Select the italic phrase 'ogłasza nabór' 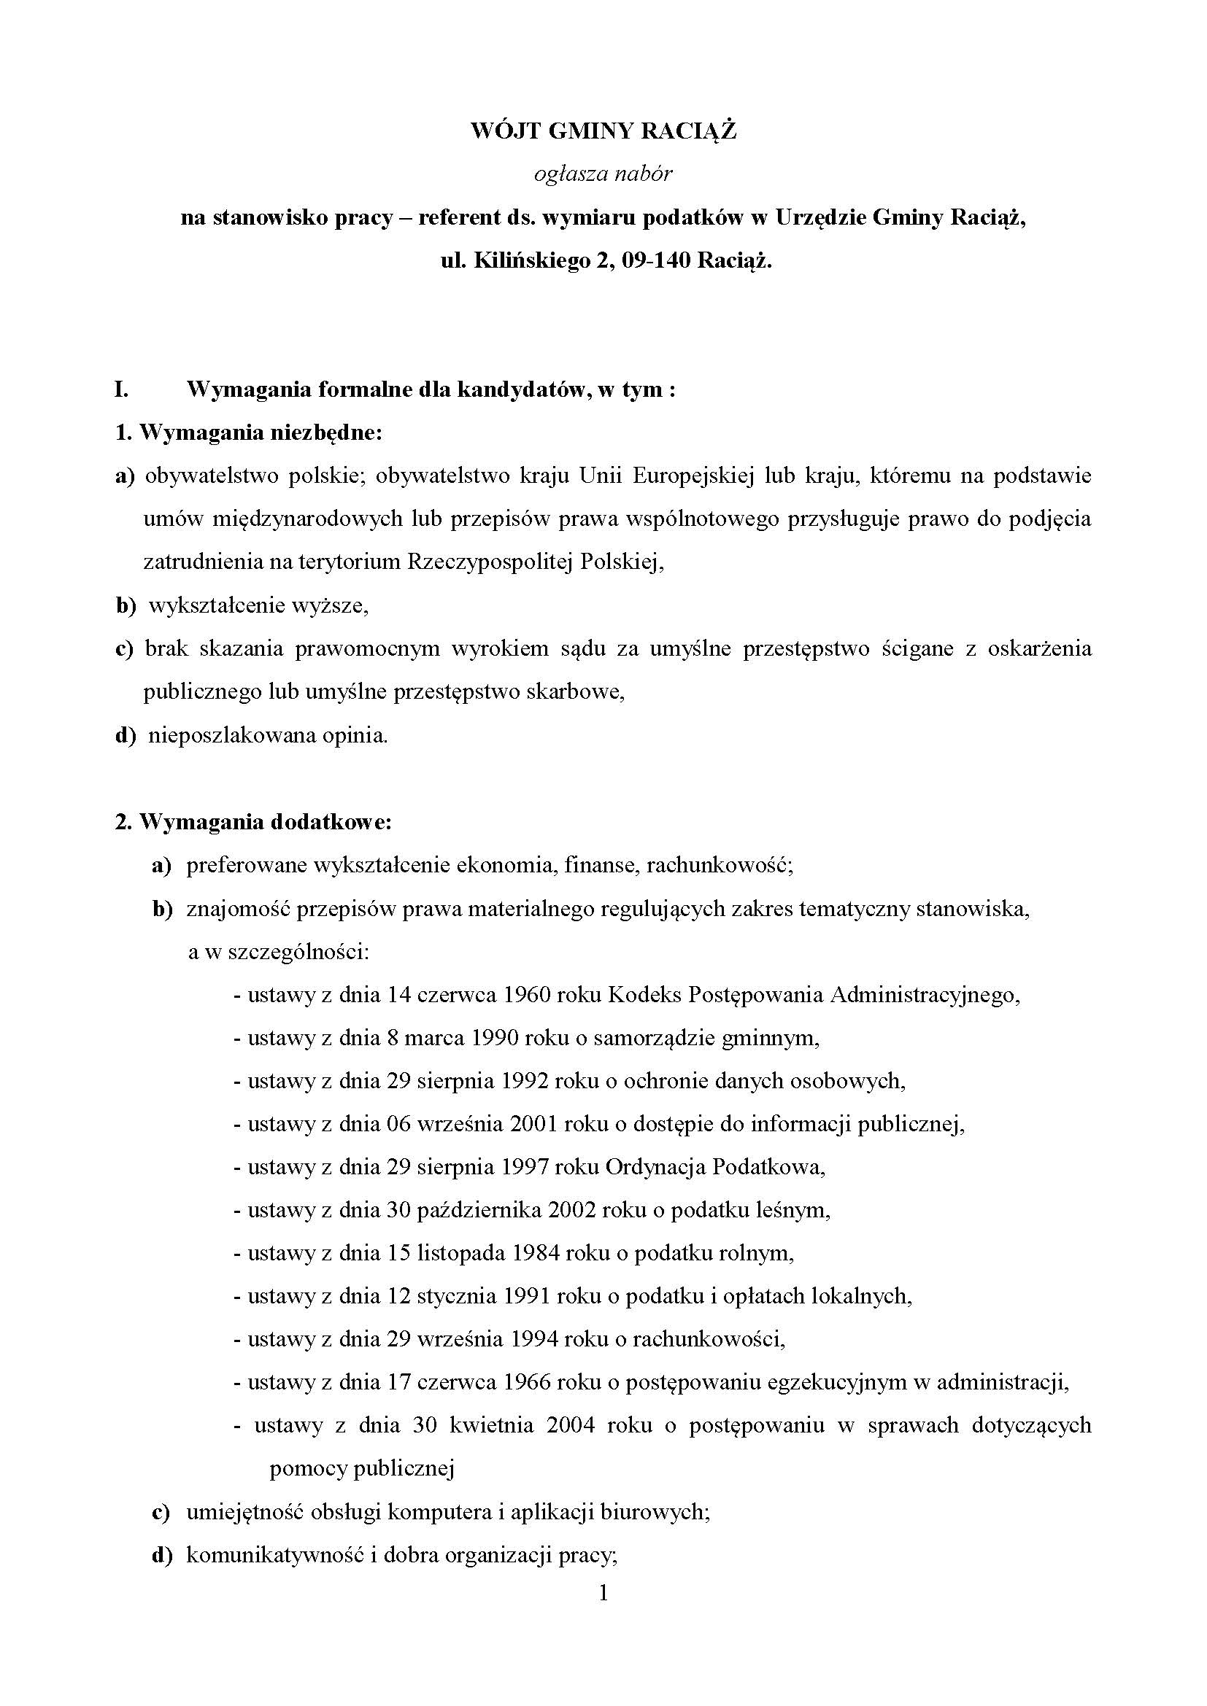603,174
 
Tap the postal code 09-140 650,262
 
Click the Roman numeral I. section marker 122,390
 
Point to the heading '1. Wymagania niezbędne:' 248,433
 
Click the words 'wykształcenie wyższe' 257,605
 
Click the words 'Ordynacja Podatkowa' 715,1166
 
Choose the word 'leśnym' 799,1211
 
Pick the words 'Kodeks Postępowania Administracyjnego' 813,994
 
